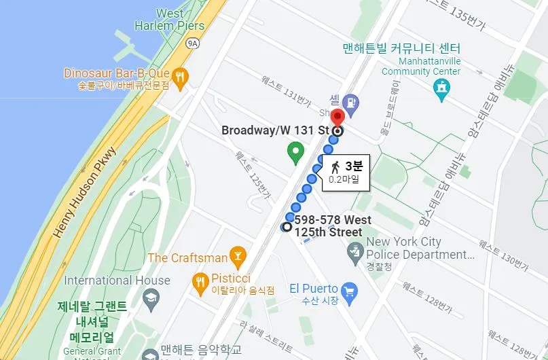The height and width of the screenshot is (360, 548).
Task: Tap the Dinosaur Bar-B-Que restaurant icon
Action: [180, 77]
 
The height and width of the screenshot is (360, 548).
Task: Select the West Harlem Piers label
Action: [179, 20]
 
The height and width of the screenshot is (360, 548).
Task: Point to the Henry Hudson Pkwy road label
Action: [85, 192]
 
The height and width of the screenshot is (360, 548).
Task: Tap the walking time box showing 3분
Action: [345, 173]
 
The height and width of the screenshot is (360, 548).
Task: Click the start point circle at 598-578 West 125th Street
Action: [287, 227]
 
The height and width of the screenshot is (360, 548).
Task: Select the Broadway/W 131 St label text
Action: [275, 130]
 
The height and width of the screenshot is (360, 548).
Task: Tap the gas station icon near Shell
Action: [351, 103]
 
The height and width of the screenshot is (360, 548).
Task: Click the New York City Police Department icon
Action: [354, 254]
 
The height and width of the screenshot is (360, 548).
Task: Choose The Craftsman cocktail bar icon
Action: [238, 257]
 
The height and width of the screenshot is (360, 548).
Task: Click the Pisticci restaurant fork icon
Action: [200, 283]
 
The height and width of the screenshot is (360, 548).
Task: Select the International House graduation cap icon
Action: [151, 298]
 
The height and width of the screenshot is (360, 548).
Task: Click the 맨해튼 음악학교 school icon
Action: [150, 353]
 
